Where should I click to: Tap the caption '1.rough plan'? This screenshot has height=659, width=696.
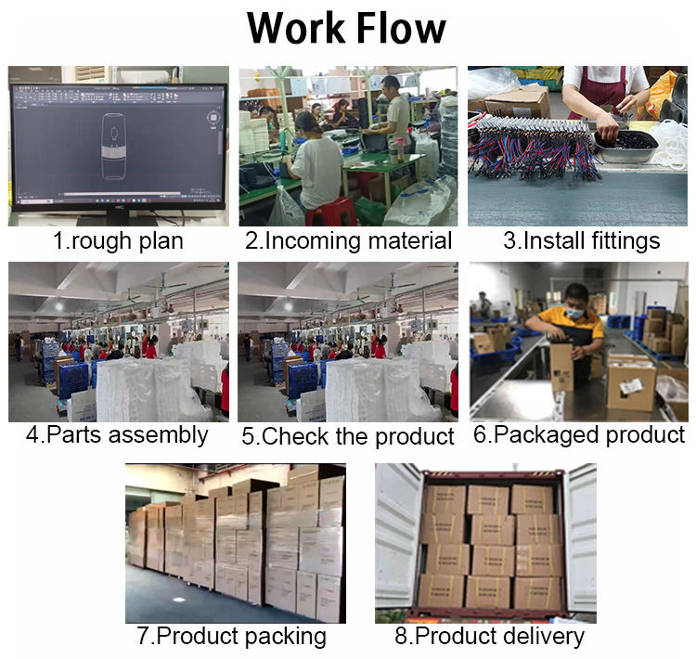point(117,240)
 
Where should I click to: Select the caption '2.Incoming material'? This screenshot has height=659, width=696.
point(348,240)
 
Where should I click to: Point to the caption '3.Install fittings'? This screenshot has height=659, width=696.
point(581,240)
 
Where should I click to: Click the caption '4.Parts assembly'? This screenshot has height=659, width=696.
point(117,435)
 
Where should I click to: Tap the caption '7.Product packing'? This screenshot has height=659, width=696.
point(231,637)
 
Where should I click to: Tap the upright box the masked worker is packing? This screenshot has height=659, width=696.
point(562,368)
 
